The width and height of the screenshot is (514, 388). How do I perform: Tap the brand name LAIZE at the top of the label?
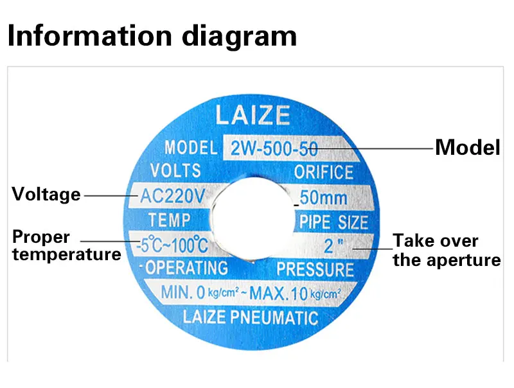tap(253, 116)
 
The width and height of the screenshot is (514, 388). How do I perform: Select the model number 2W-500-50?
tap(274, 149)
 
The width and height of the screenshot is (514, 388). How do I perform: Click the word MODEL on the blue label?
tap(191, 148)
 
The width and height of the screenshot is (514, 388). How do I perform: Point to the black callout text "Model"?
tap(467, 148)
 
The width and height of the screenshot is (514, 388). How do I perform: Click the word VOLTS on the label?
tap(175, 171)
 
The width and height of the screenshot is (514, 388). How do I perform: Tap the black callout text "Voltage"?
tap(46, 194)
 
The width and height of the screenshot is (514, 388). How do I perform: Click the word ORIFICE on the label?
tap(324, 172)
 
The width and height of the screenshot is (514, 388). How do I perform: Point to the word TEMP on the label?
tap(170, 220)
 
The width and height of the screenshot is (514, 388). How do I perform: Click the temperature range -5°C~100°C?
tap(172, 245)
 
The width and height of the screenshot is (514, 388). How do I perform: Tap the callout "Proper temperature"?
tap(66, 245)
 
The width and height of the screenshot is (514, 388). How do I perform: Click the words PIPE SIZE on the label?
tap(333, 222)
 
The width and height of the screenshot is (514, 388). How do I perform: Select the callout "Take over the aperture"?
tap(446, 251)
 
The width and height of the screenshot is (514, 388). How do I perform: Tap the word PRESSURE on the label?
tap(315, 269)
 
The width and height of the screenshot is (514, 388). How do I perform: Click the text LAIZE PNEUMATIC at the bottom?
tap(251, 317)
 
